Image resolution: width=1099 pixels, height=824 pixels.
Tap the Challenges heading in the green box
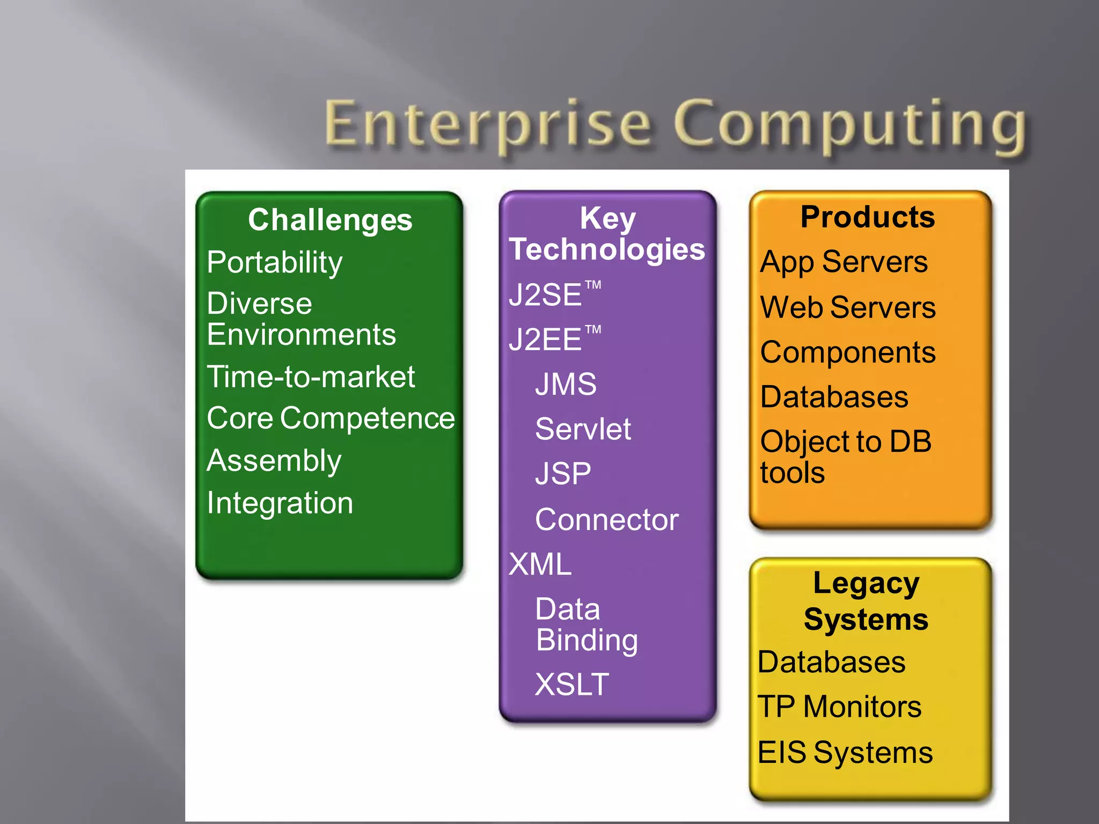point(330,220)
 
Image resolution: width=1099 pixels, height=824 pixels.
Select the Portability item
point(275,262)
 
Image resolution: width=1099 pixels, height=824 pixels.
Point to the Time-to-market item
point(311,377)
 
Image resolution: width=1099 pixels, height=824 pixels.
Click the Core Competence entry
point(331,418)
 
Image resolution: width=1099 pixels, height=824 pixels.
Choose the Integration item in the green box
point(280,503)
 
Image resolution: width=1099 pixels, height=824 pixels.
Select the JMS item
point(566,384)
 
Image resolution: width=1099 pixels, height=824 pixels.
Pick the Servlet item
point(583,429)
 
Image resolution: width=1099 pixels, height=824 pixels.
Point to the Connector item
point(606,519)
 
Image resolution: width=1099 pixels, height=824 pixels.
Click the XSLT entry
point(572,685)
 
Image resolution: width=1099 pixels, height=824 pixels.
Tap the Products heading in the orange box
point(868,217)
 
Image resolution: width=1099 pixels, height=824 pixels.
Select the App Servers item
point(844,262)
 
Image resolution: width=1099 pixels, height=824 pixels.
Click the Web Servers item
point(848,307)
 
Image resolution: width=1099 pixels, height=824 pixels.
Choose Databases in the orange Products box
point(834,397)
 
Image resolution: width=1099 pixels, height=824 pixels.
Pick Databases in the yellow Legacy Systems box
point(832,662)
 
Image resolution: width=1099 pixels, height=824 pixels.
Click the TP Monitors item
point(839,707)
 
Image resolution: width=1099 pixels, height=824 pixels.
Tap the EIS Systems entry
point(845,752)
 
